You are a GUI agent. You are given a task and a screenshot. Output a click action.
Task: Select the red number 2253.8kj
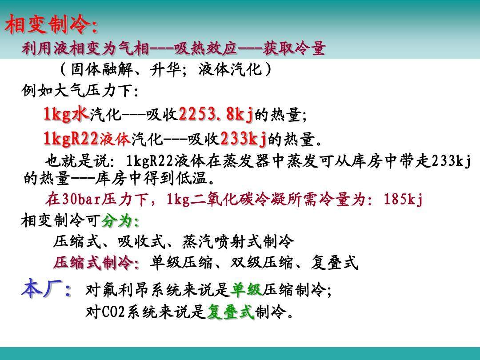216,115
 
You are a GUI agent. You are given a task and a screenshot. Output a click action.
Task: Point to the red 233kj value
243,138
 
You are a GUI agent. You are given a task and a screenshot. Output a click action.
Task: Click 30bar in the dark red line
81,199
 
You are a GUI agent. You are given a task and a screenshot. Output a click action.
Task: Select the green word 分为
117,220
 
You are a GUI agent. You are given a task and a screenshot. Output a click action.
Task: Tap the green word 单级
246,289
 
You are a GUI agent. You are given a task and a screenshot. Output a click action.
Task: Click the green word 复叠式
231,312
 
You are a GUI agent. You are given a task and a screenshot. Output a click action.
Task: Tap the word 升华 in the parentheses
165,69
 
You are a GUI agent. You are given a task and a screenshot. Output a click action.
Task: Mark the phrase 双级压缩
261,263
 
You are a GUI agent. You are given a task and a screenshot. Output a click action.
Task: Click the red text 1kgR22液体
87,138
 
